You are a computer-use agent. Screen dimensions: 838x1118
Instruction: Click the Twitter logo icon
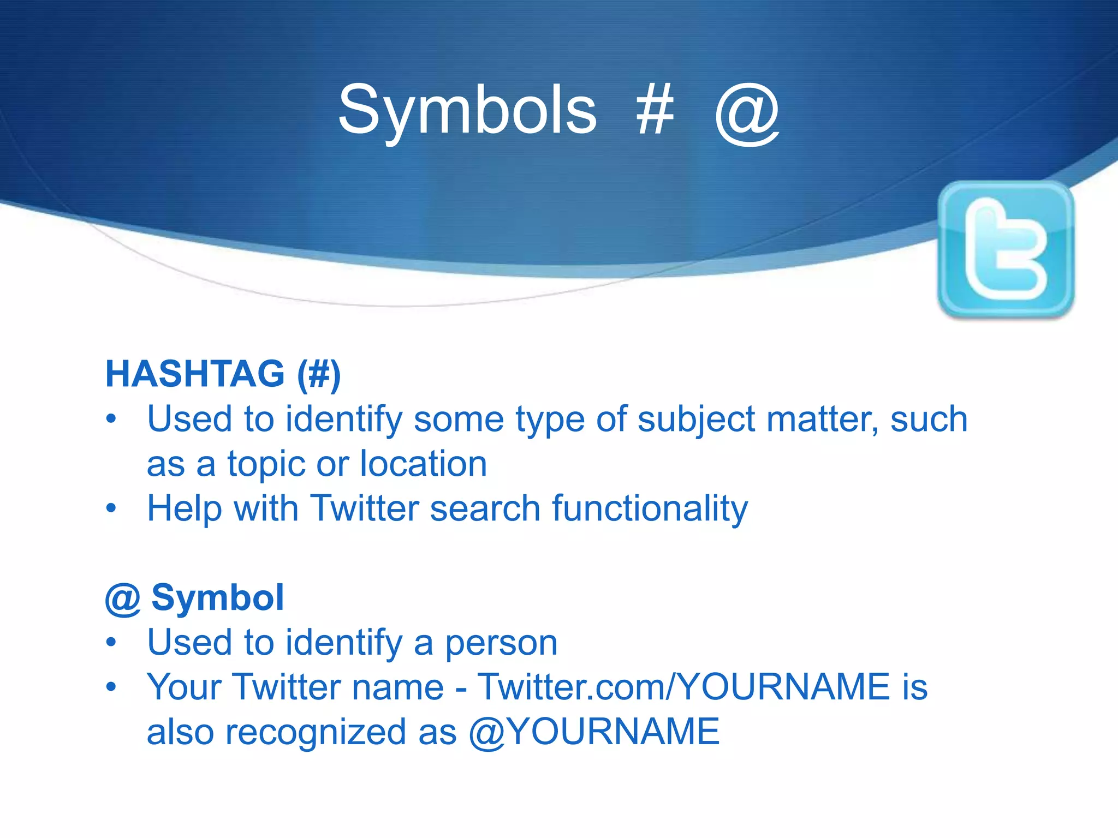(1006, 249)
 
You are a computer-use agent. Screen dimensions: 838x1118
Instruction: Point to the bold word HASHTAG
(195, 374)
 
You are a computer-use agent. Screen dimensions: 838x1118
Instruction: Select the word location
(423, 464)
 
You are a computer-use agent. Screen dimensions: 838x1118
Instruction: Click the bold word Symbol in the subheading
(217, 597)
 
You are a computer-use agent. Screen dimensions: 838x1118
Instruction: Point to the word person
(501, 643)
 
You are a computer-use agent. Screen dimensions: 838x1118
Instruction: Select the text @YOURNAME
(594, 732)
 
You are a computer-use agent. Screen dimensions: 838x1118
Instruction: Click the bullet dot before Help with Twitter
(111, 508)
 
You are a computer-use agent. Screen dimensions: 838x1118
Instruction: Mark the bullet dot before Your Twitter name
(111, 686)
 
